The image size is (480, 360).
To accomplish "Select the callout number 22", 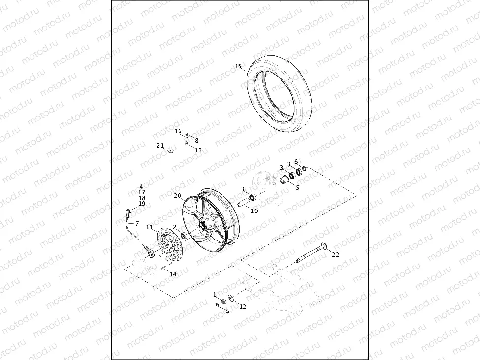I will (335, 254).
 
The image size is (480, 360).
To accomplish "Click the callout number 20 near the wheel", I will (177, 195).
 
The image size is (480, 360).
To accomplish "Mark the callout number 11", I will (150, 227).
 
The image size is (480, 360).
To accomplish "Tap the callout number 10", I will (254, 211).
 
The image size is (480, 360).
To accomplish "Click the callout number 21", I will (160, 146).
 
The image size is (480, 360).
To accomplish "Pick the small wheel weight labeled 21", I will (171, 151).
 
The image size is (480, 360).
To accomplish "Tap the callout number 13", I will (198, 150).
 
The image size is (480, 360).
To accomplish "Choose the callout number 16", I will (178, 131).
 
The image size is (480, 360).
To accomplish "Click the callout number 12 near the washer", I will (243, 307).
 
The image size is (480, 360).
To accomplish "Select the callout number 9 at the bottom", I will (227, 312).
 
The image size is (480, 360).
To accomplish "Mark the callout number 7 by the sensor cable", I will (137, 224).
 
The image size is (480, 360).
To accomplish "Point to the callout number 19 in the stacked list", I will (142, 204).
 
